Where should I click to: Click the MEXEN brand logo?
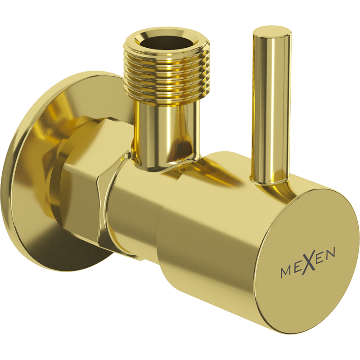307,262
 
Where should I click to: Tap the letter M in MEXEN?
287,271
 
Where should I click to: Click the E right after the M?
297,268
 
